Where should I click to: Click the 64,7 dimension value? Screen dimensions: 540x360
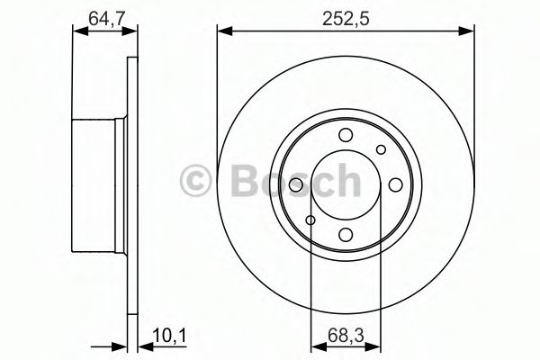(106, 18)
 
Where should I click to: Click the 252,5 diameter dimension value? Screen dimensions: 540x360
(346, 18)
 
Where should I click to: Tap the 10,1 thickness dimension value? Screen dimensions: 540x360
(169, 337)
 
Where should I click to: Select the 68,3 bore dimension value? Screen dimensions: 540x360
(346, 337)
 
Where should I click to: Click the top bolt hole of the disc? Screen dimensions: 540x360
(346, 135)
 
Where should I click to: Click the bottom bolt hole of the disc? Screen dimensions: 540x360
(346, 235)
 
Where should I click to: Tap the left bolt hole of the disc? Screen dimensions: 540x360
(296, 184)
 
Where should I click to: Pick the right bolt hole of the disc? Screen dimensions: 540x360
(396, 184)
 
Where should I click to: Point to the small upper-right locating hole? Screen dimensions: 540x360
(381, 149)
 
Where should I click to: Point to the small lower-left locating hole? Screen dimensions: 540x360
(310, 220)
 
